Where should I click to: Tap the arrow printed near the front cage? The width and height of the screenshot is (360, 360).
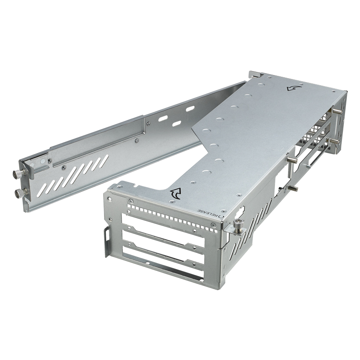(175, 194)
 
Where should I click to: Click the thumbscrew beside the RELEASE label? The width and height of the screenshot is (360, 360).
(239, 226)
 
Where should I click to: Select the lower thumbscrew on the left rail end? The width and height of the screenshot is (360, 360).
(20, 193)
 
